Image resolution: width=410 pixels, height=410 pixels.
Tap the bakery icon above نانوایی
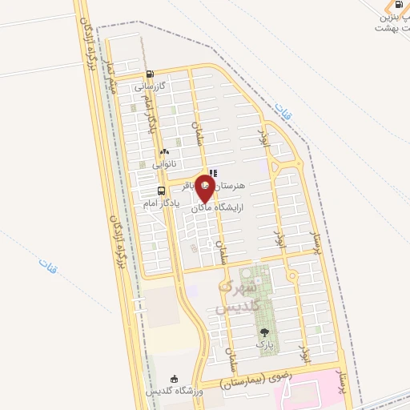[164, 151]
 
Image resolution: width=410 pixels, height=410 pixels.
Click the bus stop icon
[162, 191]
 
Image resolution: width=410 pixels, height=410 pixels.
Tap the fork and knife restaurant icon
[212, 172]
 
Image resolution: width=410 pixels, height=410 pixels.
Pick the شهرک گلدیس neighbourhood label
[238, 296]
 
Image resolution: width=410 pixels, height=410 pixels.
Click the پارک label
[263, 344]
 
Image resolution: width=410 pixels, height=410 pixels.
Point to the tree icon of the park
[263, 332]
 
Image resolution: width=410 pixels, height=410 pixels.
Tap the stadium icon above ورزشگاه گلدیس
[175, 379]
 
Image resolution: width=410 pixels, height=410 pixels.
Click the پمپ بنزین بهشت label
[392, 22]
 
